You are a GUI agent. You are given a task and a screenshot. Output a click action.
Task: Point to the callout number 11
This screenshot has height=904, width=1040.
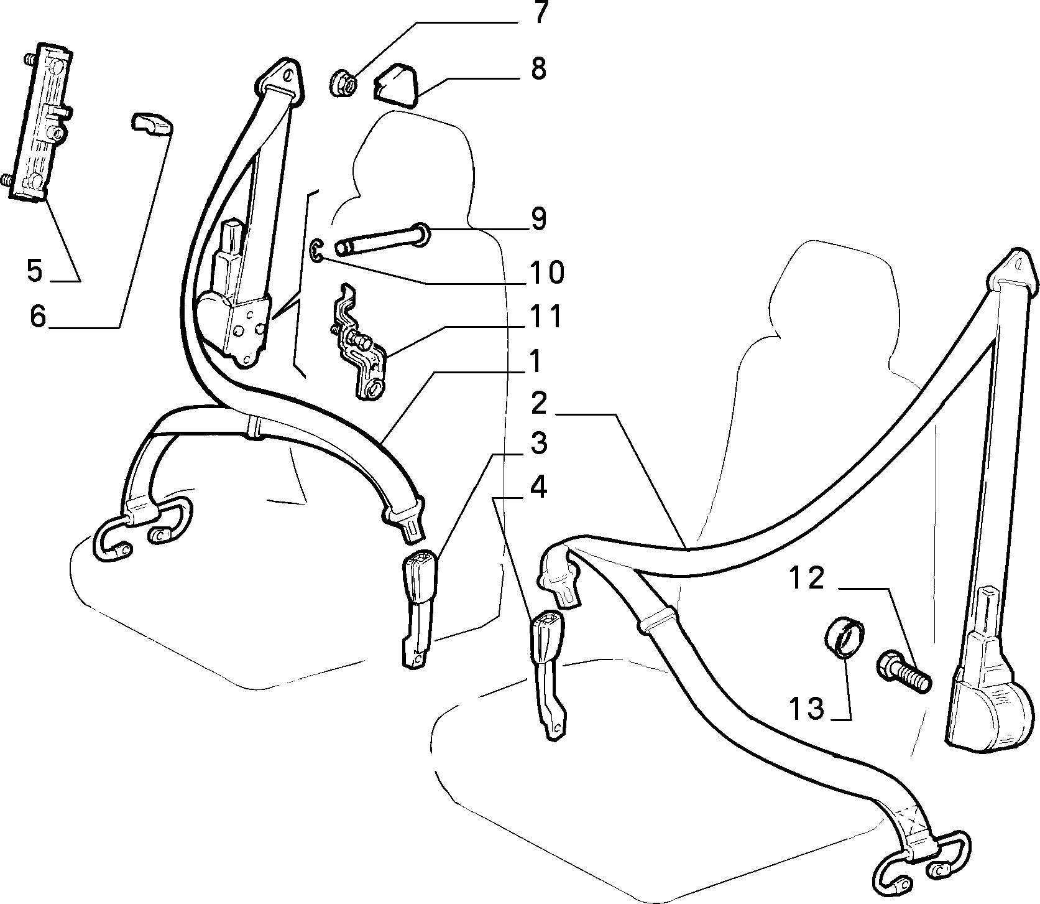pos(545,316)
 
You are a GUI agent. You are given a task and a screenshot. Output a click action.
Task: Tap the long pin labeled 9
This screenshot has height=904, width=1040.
pos(381,240)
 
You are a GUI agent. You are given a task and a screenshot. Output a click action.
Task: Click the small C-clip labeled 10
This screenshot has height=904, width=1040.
pos(316,250)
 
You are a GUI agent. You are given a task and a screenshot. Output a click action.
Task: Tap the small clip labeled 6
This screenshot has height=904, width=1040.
pos(152,123)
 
